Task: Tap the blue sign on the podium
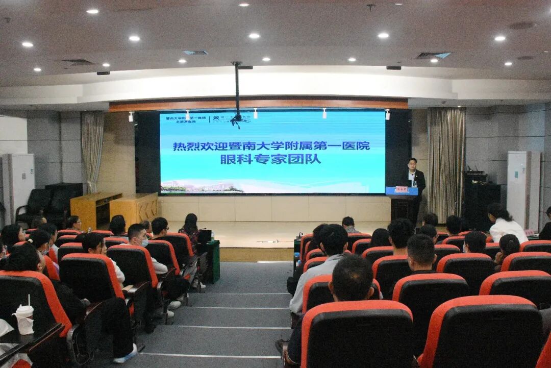pyautogui.click(x=402, y=190)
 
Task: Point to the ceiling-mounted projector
pyautogui.click(x=237, y=119)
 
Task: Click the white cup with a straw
pyautogui.click(x=24, y=317)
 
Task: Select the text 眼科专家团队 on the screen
pyautogui.click(x=270, y=159)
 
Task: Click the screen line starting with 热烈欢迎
pyautogui.click(x=271, y=146)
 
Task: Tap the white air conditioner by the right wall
pyautogui.click(x=522, y=189)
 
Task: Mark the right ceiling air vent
pyautogui.click(x=433, y=55)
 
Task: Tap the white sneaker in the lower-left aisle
pyautogui.click(x=126, y=354)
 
